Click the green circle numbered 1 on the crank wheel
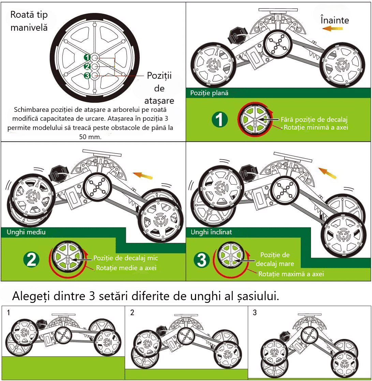click(87, 57)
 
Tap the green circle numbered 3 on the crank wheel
click(87, 76)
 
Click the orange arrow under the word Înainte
click(332, 29)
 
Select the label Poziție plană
click(209, 93)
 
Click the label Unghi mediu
click(26, 232)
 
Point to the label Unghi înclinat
click(211, 232)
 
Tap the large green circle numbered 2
click(31, 260)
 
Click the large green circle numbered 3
click(202, 260)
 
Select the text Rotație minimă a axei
click(316, 127)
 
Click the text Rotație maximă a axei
click(291, 274)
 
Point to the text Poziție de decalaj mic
click(125, 258)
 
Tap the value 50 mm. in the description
click(90, 137)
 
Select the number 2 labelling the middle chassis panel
click(132, 312)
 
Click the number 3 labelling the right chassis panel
click(255, 312)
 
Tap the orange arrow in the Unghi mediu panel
click(143, 175)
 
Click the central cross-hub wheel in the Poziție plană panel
click(278, 44)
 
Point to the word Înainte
click(334, 20)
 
